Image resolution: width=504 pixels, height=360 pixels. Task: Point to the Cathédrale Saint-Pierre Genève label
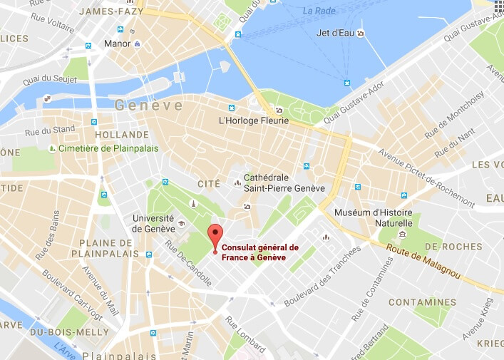tap(284, 182)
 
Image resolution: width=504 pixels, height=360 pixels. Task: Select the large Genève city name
tap(148, 106)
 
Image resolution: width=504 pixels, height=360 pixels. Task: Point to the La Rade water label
tap(318, 11)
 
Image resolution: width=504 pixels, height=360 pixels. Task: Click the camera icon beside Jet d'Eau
tap(361, 34)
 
